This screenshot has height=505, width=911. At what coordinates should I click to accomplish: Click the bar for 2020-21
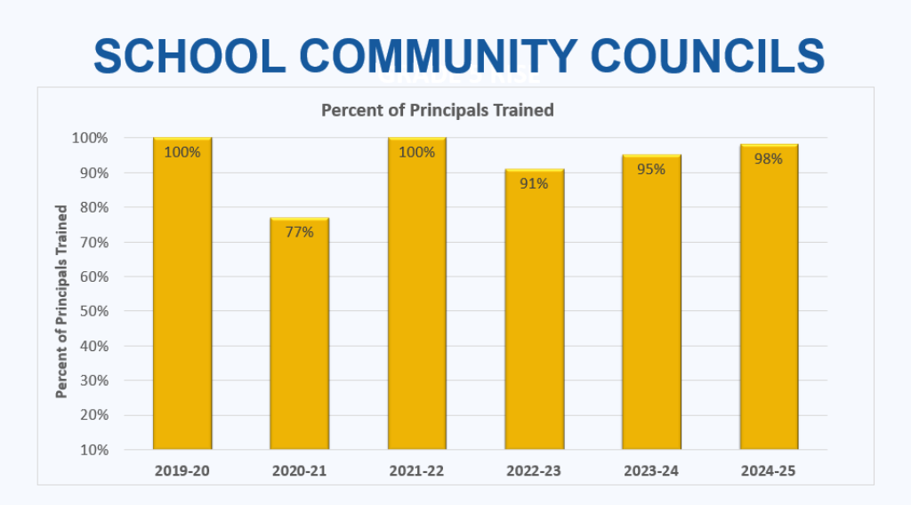300,338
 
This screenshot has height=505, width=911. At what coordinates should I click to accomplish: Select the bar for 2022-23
535,320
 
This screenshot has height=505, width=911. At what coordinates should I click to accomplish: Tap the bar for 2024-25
769,302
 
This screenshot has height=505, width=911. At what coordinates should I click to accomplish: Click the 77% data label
300,232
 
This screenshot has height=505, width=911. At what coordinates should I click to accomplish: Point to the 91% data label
535,184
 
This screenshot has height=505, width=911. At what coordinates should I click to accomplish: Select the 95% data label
651,169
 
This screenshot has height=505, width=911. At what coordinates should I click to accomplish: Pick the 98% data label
769,159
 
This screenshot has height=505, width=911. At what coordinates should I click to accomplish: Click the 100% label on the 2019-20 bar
182,152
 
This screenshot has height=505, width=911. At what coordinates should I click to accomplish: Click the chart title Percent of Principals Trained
437,110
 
